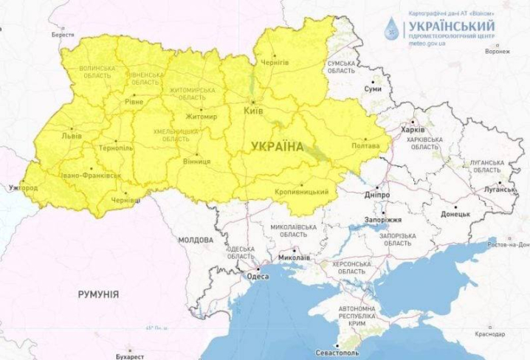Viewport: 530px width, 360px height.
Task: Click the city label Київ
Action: pos(252,111)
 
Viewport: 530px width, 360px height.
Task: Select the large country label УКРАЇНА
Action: pos(277,146)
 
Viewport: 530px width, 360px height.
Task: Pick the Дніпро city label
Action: pos(377,195)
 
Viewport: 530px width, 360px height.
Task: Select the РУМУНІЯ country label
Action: pos(98,294)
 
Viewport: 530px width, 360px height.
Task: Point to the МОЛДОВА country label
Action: pos(196,240)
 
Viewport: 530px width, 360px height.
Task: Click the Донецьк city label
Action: pos(455,214)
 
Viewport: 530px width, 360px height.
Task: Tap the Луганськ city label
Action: pos(498,190)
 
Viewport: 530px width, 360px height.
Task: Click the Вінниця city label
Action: pos(196,161)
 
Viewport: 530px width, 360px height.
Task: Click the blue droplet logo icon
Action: pos(390,29)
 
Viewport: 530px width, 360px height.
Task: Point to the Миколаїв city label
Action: pos(273,257)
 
